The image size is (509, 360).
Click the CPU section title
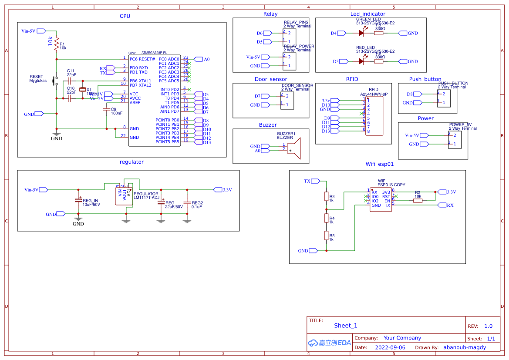(x=125, y=16)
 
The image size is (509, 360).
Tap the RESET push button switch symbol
(x=55, y=81)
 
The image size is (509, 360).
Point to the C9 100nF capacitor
(x=107, y=110)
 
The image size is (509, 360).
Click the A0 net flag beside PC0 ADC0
(x=198, y=59)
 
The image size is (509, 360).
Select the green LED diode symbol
(x=361, y=33)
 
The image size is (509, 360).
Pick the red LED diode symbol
(x=361, y=61)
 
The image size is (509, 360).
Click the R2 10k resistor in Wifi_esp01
(x=418, y=200)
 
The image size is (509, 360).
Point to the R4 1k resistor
(x=326, y=217)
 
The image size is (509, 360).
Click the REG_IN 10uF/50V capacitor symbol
(x=78, y=200)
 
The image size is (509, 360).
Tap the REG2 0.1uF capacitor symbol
(x=187, y=203)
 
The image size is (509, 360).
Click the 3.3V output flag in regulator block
(x=218, y=190)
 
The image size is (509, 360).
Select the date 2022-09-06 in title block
(x=390, y=347)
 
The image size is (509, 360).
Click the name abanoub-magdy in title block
(x=465, y=347)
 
